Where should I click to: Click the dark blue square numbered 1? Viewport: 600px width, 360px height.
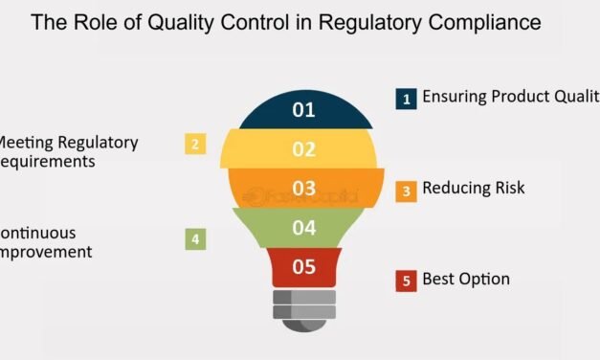[405, 99]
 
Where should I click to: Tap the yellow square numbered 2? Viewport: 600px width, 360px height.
[195, 145]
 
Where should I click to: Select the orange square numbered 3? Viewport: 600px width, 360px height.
[405, 191]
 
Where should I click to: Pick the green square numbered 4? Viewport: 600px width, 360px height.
[195, 238]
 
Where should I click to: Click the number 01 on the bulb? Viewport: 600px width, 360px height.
[303, 110]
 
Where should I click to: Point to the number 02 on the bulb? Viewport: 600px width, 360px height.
[303, 149]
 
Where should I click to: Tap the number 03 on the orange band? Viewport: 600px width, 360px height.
[303, 188]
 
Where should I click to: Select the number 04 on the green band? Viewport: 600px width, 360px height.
[303, 227]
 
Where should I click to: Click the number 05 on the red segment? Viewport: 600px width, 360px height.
[303, 267]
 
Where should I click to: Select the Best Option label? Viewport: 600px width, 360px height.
[466, 280]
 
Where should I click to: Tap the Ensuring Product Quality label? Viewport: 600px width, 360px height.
[510, 97]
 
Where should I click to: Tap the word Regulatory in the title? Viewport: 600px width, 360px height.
[380, 22]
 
